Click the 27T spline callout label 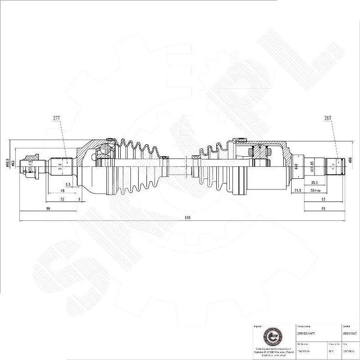[56, 118]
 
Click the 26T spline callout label [328, 118]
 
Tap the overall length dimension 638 [187, 218]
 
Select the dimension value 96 [48, 209]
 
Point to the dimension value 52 [62, 199]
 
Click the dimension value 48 [62, 191]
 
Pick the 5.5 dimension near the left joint [68, 184]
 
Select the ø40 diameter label [296, 166]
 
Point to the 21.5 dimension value [298, 190]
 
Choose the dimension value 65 [323, 199]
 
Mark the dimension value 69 [323, 209]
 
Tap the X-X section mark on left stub [60, 168]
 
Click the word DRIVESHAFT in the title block [305, 333]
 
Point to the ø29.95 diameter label [312, 166]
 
